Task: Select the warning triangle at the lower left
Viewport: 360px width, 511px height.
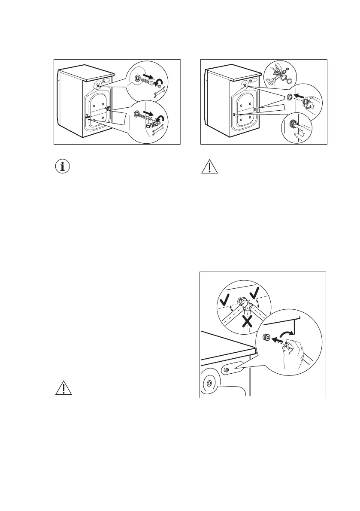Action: [64, 388]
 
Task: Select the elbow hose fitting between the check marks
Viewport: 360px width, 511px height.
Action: [245, 305]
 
